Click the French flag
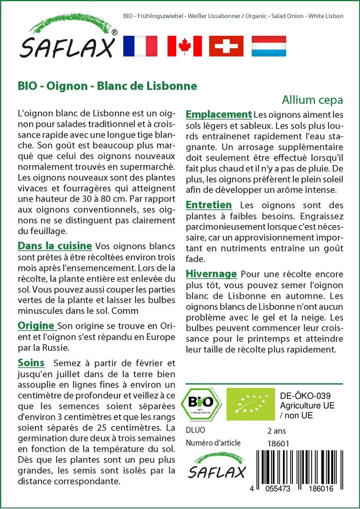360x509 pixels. (140, 46)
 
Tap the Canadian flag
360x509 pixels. (183, 46)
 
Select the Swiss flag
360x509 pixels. (226, 46)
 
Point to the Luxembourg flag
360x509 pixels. (269, 46)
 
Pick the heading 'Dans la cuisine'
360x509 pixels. (55, 246)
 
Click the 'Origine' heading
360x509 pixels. (36, 326)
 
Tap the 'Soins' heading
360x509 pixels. (31, 363)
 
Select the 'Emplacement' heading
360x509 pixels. (219, 114)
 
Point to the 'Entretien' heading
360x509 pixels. (209, 205)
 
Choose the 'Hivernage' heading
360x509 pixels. (211, 274)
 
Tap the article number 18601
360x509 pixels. (278, 443)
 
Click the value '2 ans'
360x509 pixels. (277, 430)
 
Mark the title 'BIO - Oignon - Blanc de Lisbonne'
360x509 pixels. (107, 85)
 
